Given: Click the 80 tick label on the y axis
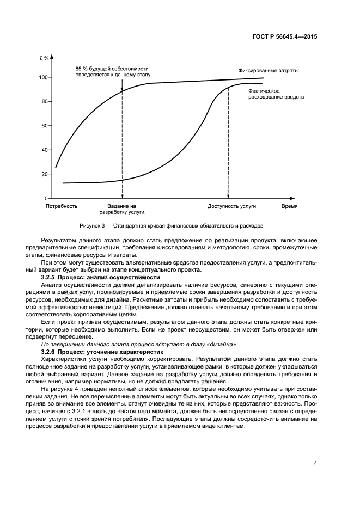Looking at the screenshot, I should click(x=45, y=102).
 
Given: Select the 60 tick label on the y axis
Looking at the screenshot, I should click(x=45, y=126).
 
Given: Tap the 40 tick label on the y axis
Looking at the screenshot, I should click(x=45, y=150).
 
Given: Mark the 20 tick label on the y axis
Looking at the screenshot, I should click(x=45, y=174).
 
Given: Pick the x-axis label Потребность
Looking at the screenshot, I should click(x=62, y=207).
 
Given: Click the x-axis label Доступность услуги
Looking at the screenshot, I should click(x=231, y=207).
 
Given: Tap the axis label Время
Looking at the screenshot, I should click(x=289, y=207).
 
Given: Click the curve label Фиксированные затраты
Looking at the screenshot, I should click(x=268, y=71).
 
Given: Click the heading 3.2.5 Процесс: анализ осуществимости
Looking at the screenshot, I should click(x=100, y=278).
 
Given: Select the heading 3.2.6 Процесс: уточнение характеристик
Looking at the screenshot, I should click(x=103, y=353).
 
